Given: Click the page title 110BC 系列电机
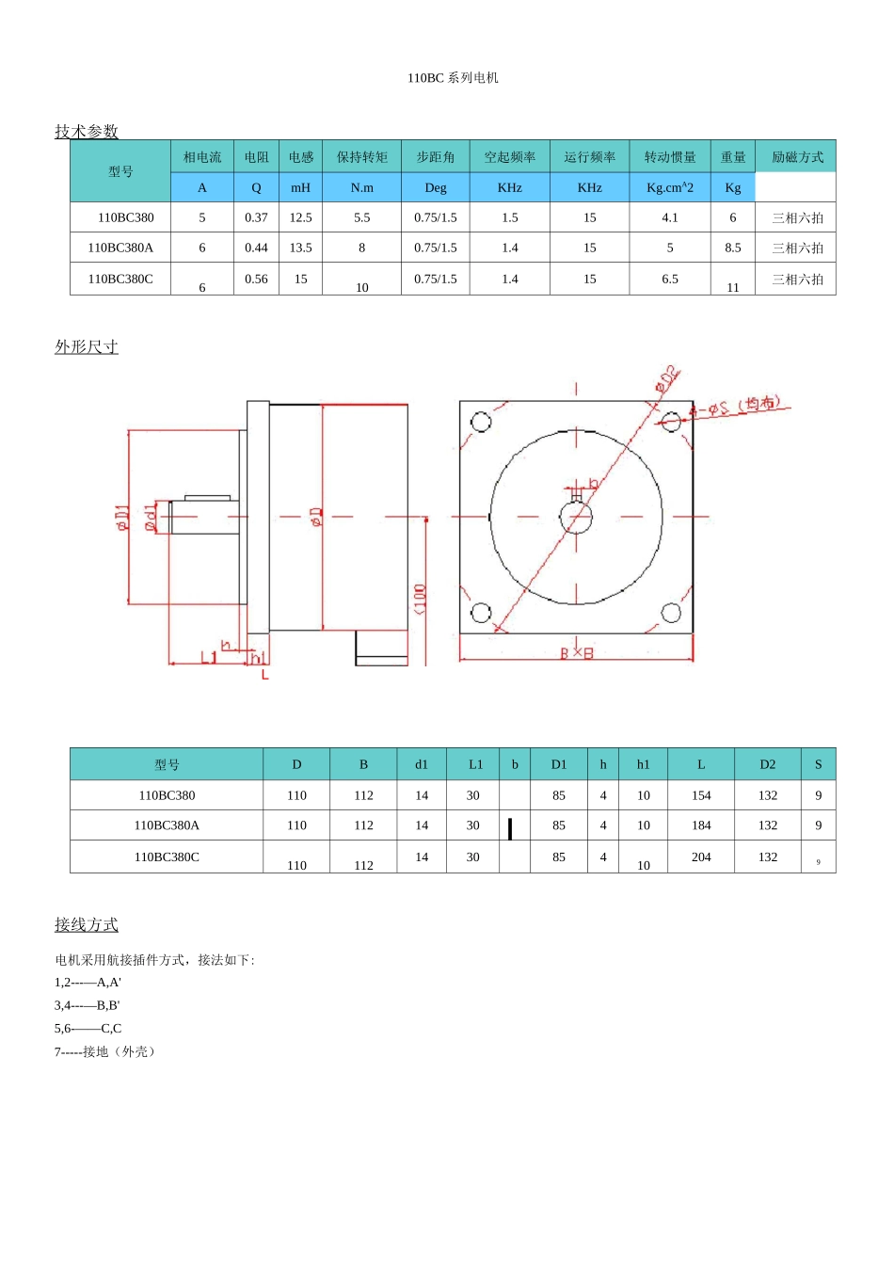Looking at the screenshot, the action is coord(453,78).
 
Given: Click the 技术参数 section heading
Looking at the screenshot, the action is coord(87,131).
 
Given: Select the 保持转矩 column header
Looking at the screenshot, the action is coord(362,157).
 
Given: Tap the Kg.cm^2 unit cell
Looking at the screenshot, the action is coord(670,187).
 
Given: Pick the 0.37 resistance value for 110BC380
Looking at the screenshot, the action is coord(256,217).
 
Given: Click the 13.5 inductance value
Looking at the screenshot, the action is coord(300,248).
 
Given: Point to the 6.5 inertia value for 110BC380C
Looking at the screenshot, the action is coord(670,279).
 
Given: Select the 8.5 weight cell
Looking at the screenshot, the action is coord(732,248).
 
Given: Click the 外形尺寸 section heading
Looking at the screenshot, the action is coord(87,346).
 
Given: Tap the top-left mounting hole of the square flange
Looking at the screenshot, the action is coord(481,422).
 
